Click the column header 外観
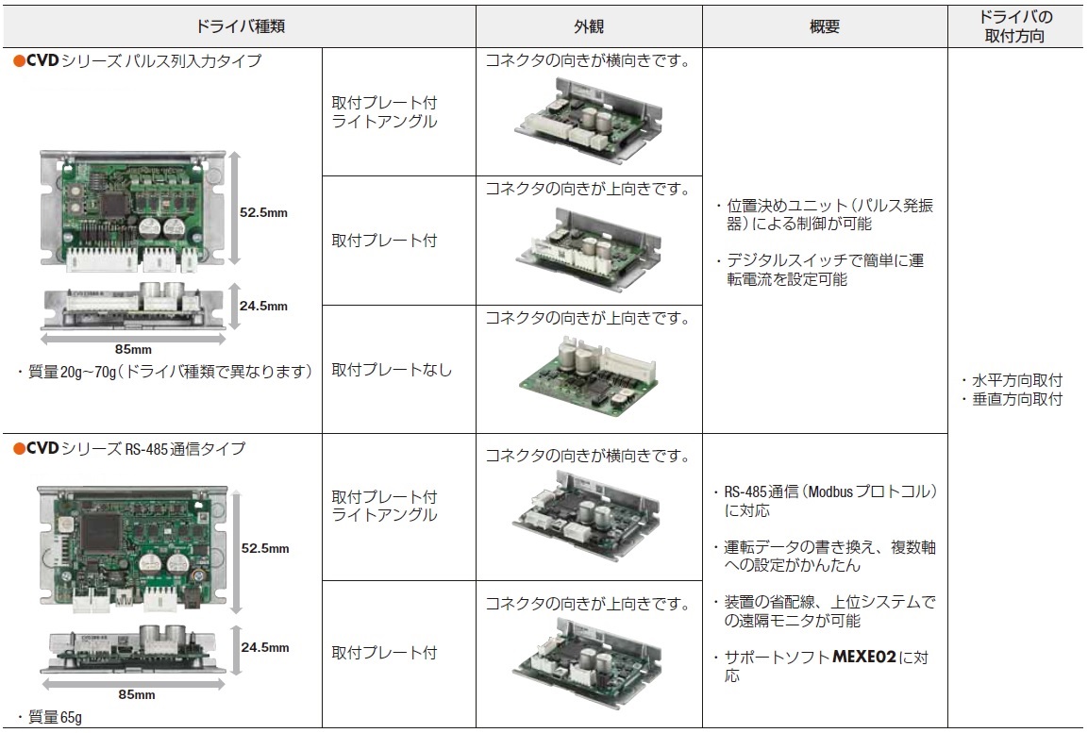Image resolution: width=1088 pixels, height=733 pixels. click(x=589, y=26)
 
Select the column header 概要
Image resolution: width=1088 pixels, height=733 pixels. click(x=825, y=26)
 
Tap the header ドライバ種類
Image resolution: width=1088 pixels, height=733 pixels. click(x=240, y=26)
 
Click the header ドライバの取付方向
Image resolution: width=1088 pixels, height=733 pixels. click(x=1014, y=26)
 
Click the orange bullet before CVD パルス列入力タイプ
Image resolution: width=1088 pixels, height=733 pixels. click(x=20, y=61)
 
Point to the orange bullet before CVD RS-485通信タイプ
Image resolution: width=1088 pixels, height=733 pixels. click(x=20, y=449)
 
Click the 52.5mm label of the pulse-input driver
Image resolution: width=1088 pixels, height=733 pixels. click(x=263, y=213)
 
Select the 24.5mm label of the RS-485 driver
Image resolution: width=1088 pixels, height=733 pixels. click(x=265, y=647)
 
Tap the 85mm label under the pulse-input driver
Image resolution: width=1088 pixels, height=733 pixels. click(x=133, y=349)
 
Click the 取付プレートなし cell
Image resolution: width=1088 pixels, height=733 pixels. click(x=392, y=370)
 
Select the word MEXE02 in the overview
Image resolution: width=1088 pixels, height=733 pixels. click(x=863, y=657)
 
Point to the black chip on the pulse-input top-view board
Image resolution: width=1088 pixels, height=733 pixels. click(x=112, y=205)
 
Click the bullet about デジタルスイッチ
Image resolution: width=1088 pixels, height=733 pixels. click(x=820, y=270)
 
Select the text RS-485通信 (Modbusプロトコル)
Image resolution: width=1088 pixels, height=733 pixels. click(x=830, y=491)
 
